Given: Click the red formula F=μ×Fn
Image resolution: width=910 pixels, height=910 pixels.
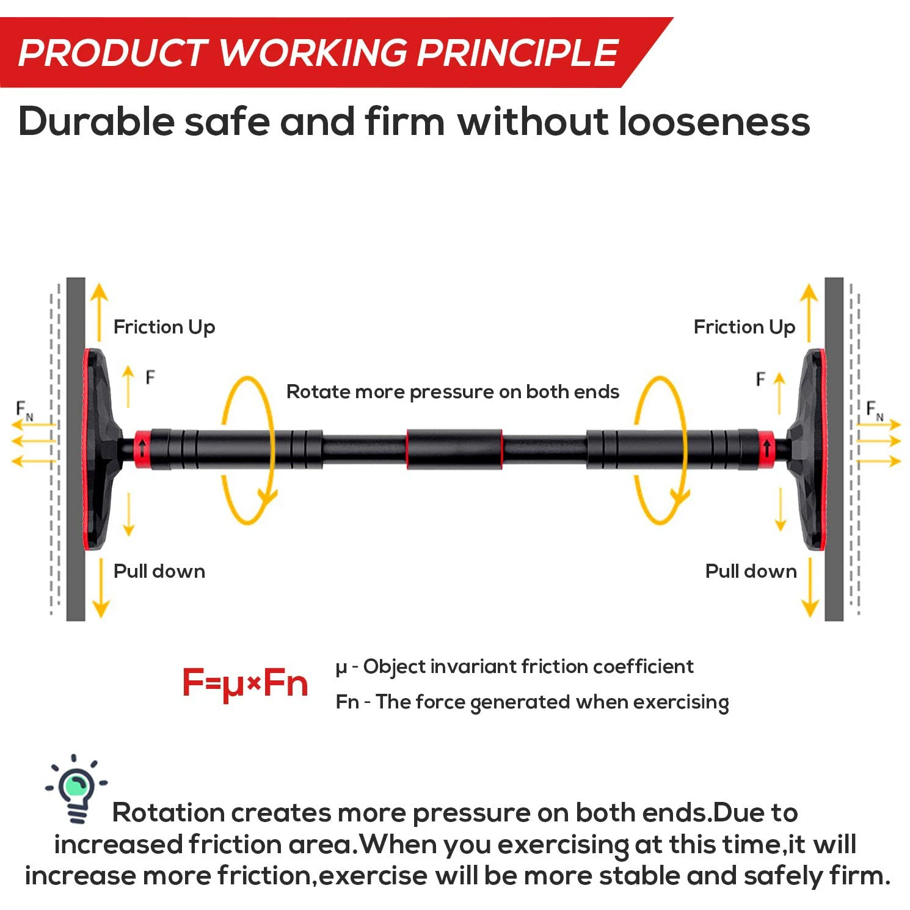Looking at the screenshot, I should [245, 683].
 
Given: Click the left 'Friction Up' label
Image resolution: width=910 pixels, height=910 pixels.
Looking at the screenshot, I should [164, 327].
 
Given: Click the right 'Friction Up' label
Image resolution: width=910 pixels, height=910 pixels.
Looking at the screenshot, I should [744, 327].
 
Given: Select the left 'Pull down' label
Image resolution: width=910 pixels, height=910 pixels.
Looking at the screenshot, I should [159, 571].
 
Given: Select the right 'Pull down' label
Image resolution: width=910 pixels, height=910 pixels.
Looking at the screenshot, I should [751, 571].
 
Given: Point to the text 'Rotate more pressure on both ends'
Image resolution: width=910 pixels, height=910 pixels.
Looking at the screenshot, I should [453, 391].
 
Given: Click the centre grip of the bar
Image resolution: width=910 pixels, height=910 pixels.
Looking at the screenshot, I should [454, 450].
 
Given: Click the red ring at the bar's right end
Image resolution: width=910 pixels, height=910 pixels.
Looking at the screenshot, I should [766, 450].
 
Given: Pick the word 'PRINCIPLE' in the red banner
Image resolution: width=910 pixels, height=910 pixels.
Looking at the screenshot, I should [518, 53].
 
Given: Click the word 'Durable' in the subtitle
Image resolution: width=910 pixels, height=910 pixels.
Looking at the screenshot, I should [96, 122].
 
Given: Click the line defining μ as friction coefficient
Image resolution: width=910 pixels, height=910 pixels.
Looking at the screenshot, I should [514, 666].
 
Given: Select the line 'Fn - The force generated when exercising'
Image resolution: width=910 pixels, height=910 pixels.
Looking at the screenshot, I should [532, 702].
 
